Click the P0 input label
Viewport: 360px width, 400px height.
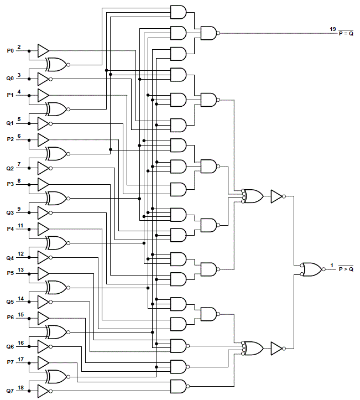click(11, 50)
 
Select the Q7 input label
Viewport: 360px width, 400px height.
click(11, 392)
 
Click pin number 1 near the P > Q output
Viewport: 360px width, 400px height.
click(332, 266)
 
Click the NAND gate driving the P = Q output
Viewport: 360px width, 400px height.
click(209, 33)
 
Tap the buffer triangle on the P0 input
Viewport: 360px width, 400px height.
click(43, 50)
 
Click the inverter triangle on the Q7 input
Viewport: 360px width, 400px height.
click(43, 392)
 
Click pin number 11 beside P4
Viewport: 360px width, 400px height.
click(20, 225)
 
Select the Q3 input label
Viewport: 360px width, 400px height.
click(11, 213)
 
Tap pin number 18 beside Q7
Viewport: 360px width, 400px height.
click(20, 388)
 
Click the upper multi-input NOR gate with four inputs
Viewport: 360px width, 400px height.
click(253, 196)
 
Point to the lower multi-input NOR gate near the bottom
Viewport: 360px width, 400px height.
click(253, 348)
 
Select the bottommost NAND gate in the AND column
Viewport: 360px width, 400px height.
click(179, 386)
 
